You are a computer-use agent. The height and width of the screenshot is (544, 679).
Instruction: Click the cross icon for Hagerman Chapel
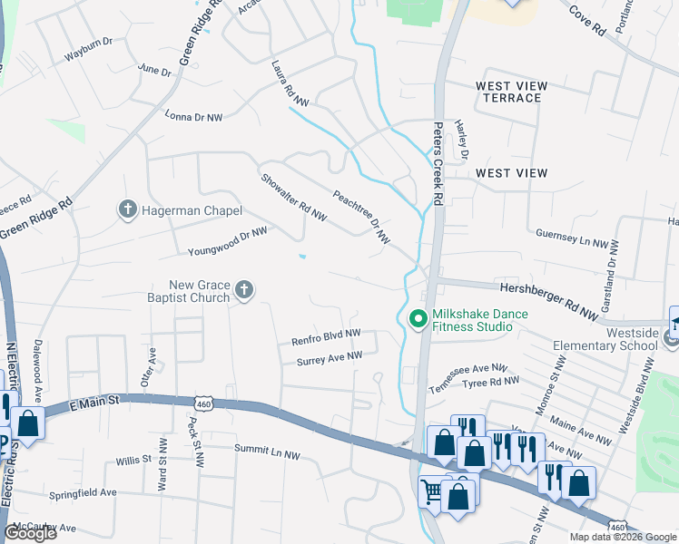128,210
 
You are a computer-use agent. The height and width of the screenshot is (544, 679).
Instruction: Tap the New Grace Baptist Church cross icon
243,290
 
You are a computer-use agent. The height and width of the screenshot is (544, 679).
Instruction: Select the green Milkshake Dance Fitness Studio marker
418,320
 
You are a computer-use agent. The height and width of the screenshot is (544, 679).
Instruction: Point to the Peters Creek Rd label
437,162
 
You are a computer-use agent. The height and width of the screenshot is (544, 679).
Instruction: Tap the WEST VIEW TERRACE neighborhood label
512,92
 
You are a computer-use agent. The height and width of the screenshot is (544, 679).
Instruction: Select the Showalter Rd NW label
292,197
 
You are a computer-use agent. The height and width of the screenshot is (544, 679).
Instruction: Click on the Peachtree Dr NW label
360,217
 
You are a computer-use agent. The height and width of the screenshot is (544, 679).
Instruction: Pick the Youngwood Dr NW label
227,241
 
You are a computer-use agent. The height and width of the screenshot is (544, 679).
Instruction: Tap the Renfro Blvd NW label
326,338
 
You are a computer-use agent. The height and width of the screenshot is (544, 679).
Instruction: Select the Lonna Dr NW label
192,117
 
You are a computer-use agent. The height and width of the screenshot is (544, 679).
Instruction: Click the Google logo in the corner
30,533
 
